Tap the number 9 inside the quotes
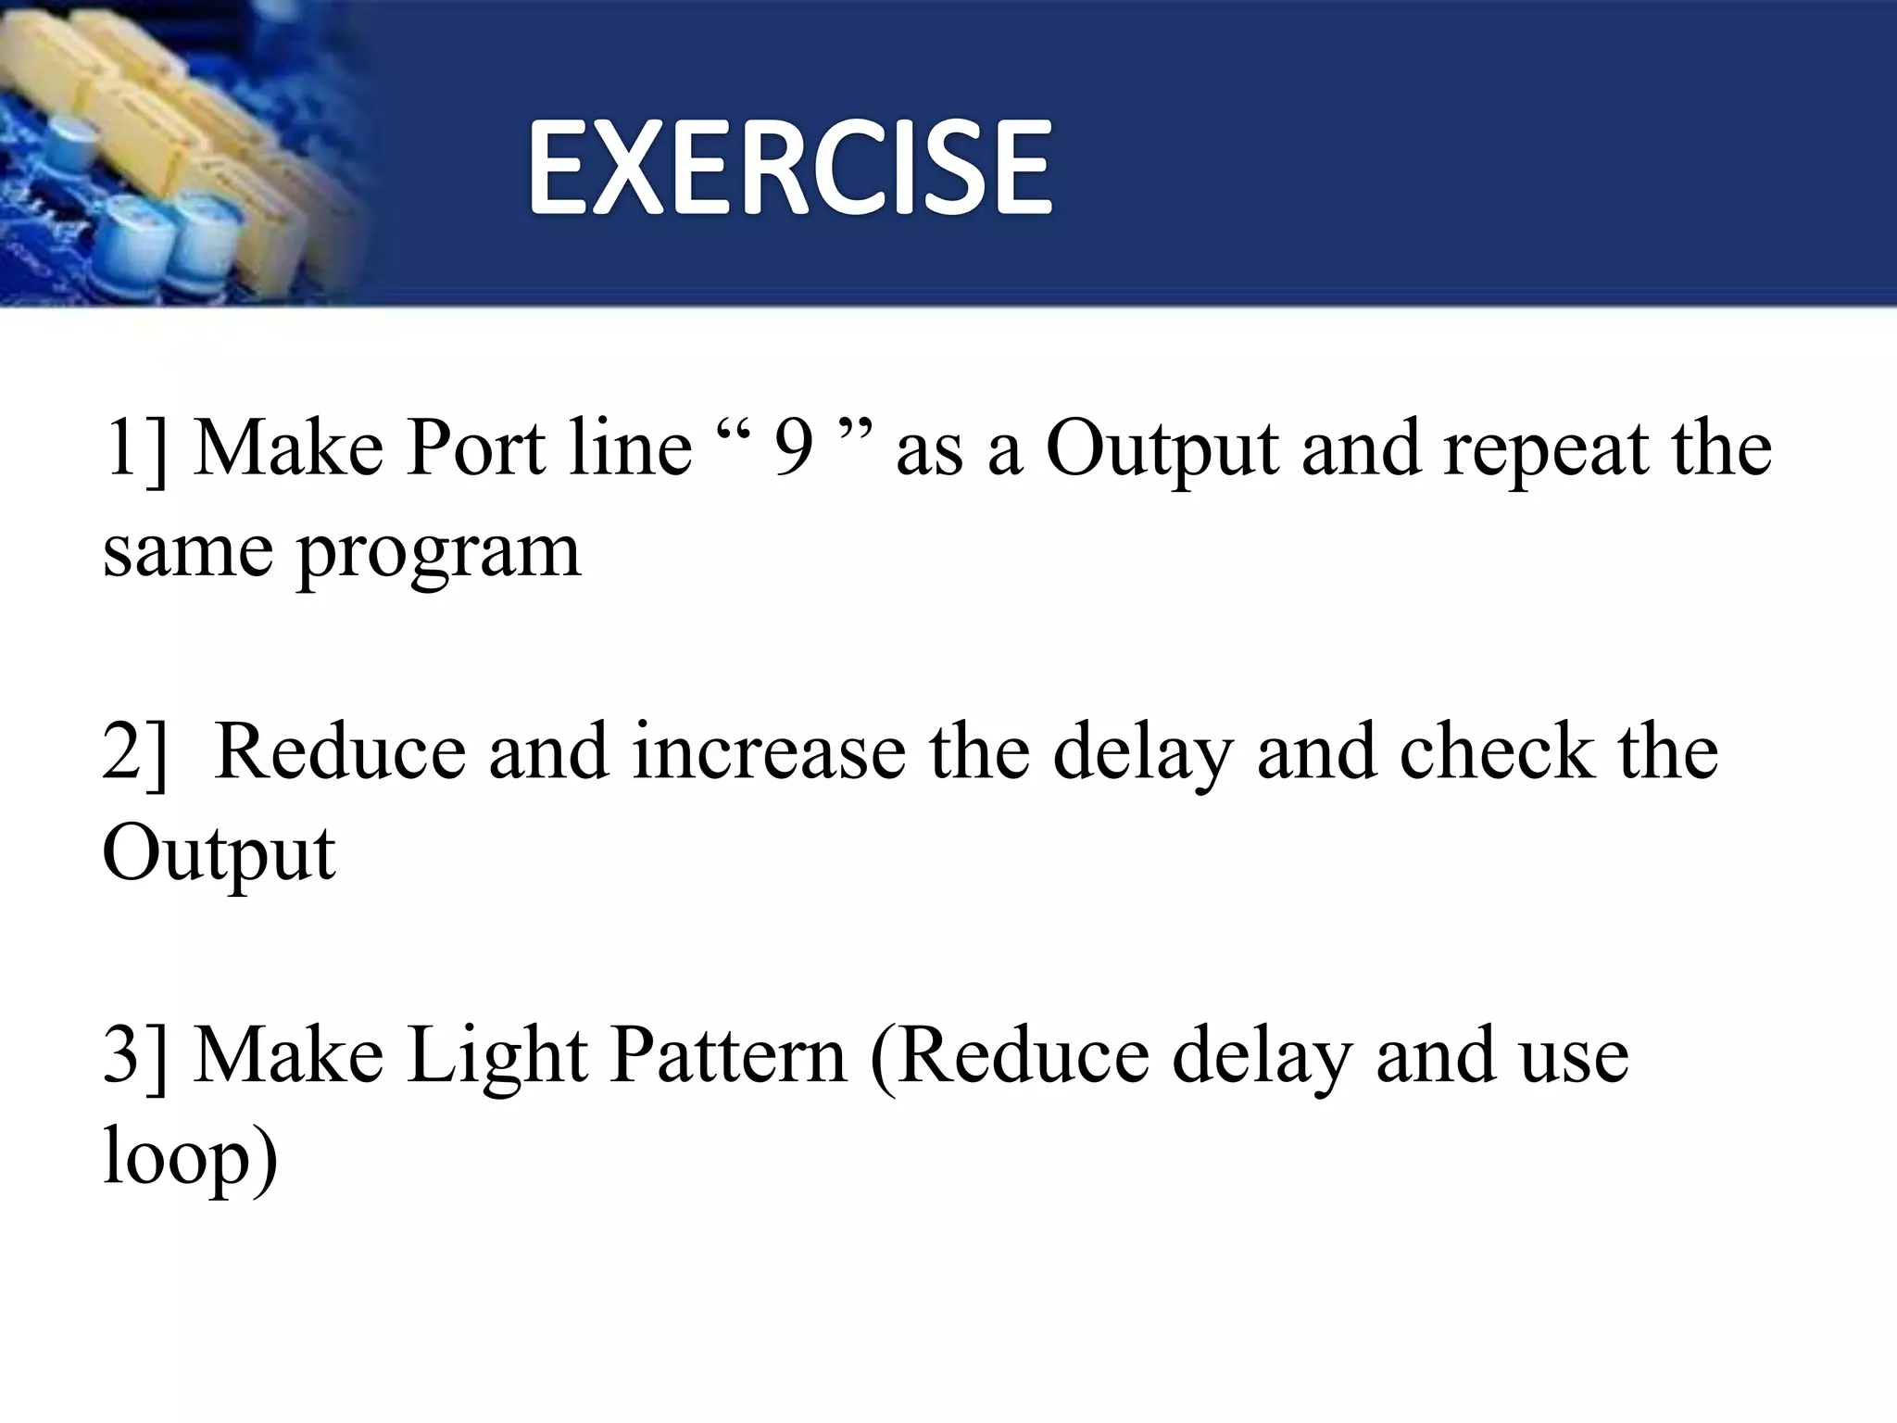pyautogui.click(x=794, y=450)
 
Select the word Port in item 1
pyautogui.click(x=475, y=448)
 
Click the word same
pyautogui.click(x=187, y=552)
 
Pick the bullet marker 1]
pyautogui.click(x=135, y=450)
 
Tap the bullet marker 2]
pyautogui.click(x=135, y=752)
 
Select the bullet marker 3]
pyautogui.click(x=135, y=1055)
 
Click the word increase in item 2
pyautogui.click(x=769, y=752)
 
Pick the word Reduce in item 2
pyautogui.click(x=340, y=752)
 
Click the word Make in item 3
pyautogui.click(x=289, y=1055)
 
